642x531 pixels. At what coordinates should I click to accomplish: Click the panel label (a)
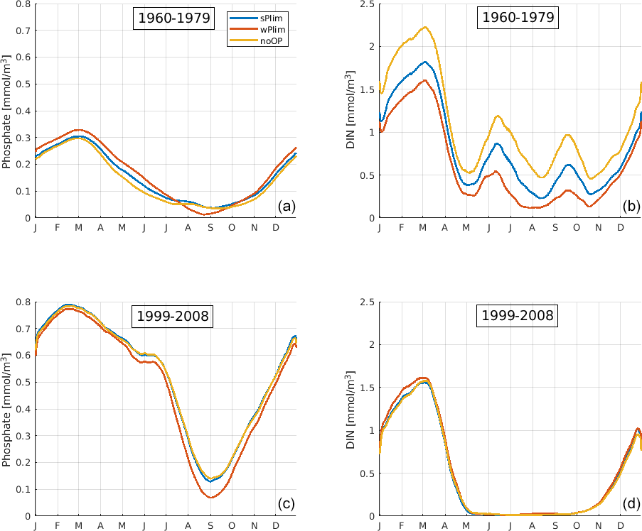pos(286,207)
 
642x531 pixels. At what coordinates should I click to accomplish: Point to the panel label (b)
pos(630,207)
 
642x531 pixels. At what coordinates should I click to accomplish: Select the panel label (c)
pos(286,505)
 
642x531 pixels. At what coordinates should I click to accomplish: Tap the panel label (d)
pos(630,505)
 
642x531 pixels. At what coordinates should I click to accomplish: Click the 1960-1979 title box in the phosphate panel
pos(173,18)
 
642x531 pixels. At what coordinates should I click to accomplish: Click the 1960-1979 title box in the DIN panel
pos(518,18)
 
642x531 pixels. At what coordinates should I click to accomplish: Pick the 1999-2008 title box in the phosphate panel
pos(173,316)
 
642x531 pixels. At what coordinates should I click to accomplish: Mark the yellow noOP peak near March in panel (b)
pos(424,27)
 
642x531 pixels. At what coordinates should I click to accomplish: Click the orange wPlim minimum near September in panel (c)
pos(210,497)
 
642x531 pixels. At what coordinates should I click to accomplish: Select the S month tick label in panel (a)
pos(210,227)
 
